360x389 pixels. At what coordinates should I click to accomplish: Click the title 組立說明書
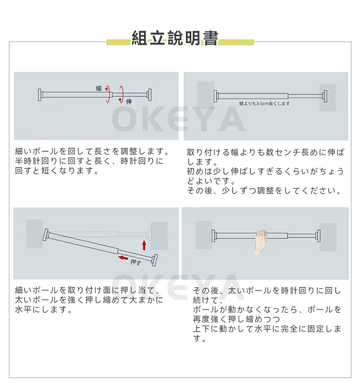click(x=175, y=38)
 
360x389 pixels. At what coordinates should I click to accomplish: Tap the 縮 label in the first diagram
click(x=99, y=88)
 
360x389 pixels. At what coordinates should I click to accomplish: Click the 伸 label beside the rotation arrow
click(x=129, y=102)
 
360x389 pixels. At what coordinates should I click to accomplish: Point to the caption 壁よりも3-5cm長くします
click(x=264, y=104)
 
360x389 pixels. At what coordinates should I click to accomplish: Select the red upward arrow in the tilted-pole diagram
click(x=144, y=245)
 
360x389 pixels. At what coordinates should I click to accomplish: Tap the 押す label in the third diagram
click(x=136, y=262)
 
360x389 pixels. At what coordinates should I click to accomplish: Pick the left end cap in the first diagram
click(x=40, y=95)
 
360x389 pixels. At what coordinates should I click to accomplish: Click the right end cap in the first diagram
click(x=149, y=95)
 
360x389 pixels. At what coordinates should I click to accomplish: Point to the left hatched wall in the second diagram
click(x=206, y=95)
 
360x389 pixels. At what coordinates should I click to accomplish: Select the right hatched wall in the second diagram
click(x=328, y=98)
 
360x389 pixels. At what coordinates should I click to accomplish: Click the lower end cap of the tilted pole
click(x=154, y=260)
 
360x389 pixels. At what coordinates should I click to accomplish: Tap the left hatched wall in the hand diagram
click(x=204, y=235)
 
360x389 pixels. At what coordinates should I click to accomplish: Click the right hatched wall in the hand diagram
click(x=328, y=237)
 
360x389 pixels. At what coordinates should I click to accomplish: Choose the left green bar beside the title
click(x=118, y=42)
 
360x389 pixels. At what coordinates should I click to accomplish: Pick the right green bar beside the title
click(x=236, y=42)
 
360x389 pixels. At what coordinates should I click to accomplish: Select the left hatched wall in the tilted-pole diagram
click(x=35, y=233)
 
